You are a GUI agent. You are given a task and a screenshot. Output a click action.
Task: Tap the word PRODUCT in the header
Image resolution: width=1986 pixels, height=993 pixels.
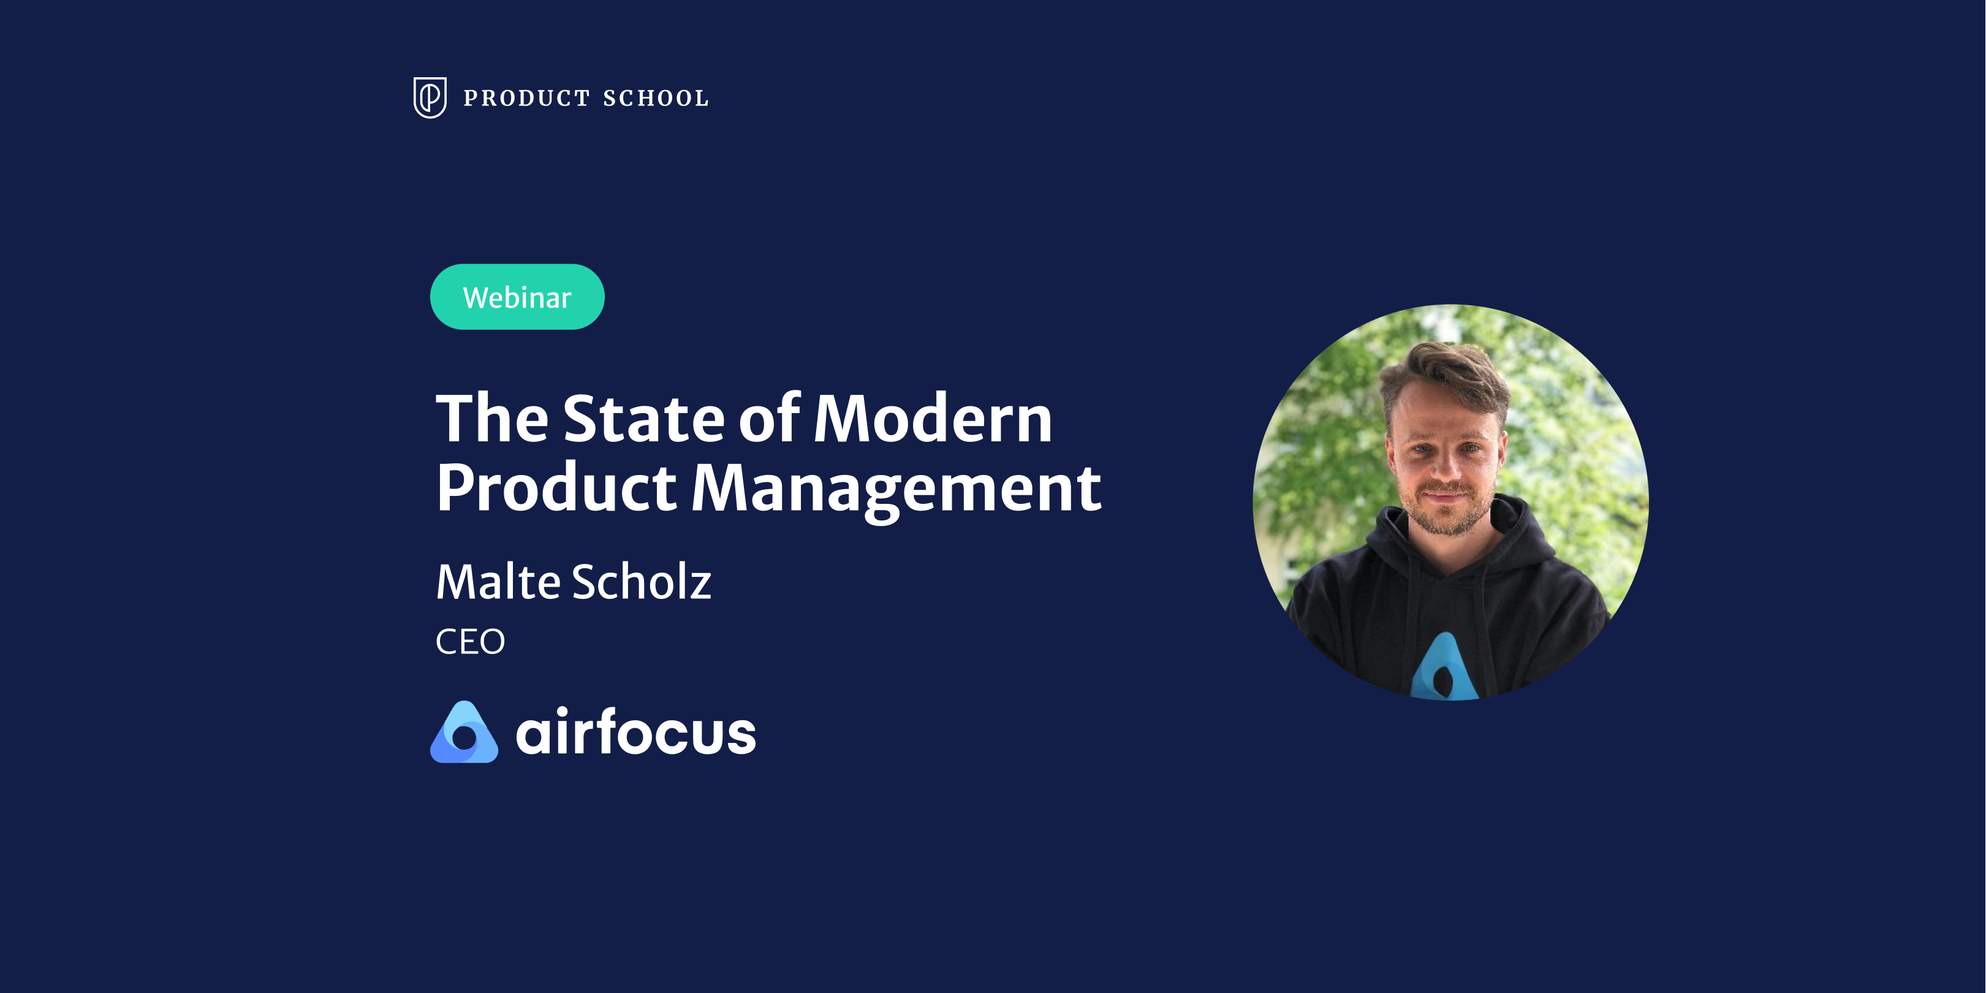[526, 98]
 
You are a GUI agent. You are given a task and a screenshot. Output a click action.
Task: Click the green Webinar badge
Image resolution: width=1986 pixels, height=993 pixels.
[517, 297]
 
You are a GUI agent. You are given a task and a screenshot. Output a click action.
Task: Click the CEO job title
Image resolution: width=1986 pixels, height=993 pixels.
[469, 641]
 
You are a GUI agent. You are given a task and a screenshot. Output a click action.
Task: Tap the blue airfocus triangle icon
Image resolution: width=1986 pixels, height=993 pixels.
[464, 732]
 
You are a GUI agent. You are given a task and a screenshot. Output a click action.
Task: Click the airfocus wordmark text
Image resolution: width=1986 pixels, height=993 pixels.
[635, 732]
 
